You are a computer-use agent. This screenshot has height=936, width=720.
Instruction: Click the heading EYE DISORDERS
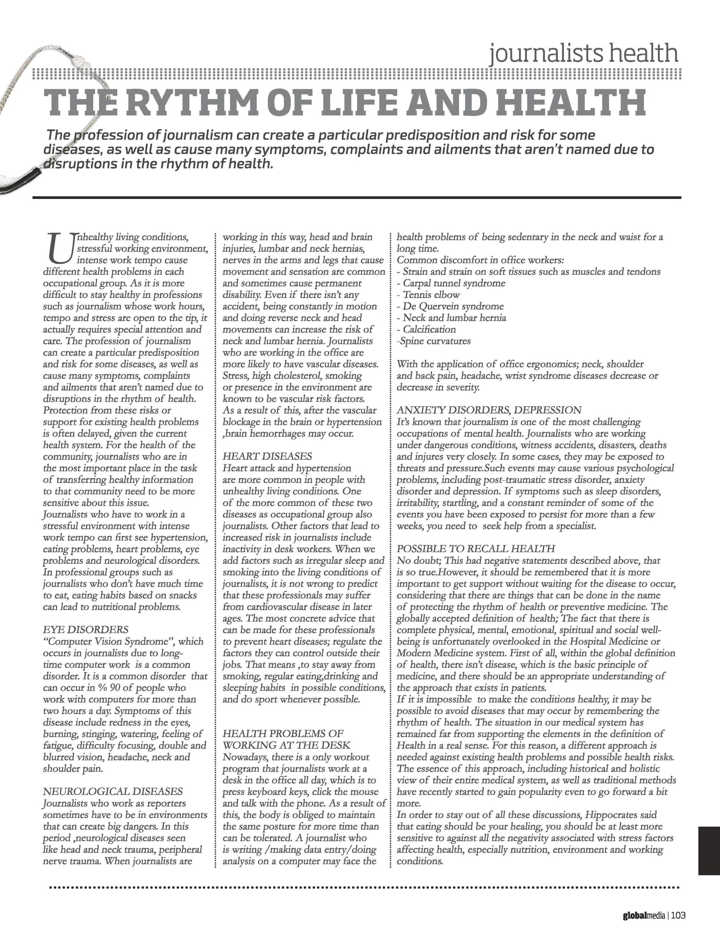(86, 630)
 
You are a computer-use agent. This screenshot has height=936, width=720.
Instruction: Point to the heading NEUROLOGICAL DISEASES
(113, 791)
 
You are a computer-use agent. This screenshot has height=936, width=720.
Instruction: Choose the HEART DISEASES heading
(267, 456)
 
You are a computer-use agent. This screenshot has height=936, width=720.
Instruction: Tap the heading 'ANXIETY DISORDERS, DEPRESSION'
(489, 410)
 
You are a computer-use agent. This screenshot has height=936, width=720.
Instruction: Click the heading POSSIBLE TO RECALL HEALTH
(476, 548)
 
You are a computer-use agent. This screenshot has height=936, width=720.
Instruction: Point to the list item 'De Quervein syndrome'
(453, 306)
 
